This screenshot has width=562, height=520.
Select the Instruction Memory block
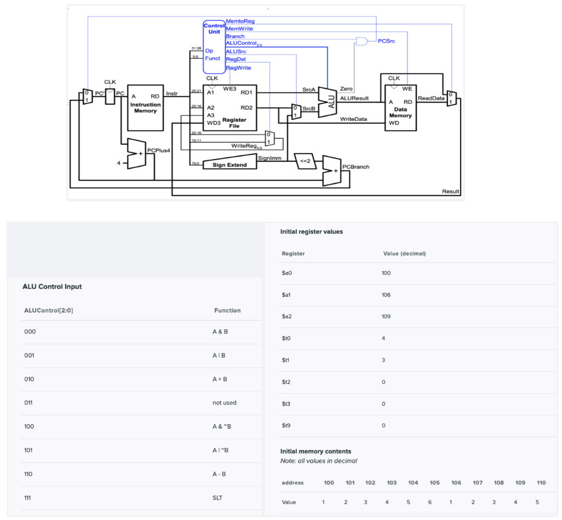pos(145,108)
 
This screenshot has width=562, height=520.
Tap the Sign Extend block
pos(229,165)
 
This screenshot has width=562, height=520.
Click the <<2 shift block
pos(305,161)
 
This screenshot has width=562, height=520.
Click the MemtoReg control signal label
pos(240,21)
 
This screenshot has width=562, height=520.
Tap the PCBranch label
pos(355,166)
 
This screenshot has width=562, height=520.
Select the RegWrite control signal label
pos(238,67)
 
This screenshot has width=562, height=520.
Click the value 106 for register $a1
pos(386,295)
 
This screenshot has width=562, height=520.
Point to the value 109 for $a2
pos(386,316)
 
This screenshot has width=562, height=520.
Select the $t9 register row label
pos(286,425)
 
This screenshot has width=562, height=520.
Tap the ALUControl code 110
pos(30,474)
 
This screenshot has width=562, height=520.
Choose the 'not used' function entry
pos(224,403)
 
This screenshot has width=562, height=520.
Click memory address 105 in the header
pos(434,483)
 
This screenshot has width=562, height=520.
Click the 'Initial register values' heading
pos(311,231)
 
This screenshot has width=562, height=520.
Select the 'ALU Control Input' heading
pos(52,286)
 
